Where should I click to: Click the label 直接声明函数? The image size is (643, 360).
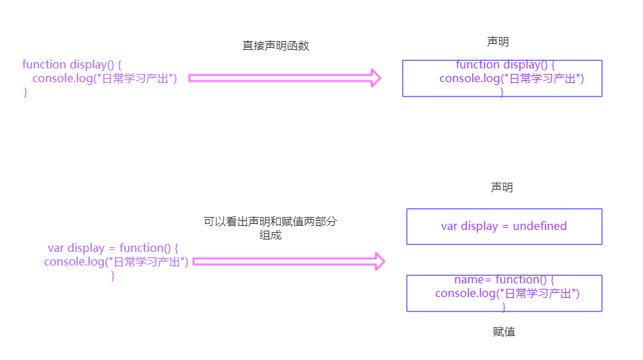[276, 46]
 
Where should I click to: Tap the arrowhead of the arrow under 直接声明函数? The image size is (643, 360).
[375, 78]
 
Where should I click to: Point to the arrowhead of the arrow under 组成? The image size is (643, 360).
[379, 261]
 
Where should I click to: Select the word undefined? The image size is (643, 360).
[540, 226]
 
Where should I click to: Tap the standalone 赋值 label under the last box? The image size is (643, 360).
[503, 332]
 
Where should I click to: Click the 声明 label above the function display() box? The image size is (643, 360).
[498, 42]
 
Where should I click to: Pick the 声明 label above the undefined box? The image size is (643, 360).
[501, 188]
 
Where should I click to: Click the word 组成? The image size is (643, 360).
[270, 235]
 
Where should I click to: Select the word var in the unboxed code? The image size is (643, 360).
[55, 248]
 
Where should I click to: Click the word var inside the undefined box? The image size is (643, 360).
[449, 226]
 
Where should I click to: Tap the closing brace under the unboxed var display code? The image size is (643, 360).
[113, 276]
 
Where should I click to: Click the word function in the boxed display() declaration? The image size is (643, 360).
[478, 64]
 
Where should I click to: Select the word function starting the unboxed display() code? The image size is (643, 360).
[45, 64]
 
